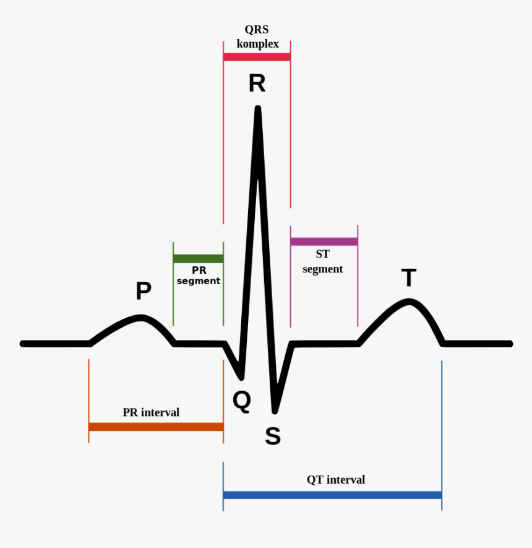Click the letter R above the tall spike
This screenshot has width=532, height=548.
click(x=257, y=83)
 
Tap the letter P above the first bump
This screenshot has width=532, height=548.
click(x=144, y=290)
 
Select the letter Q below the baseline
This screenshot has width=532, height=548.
click(x=242, y=401)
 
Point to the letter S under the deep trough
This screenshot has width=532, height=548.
click(x=273, y=437)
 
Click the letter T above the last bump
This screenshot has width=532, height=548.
click(x=409, y=278)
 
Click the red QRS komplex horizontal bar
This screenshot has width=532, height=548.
click(x=257, y=57)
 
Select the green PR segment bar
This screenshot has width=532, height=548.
click(x=198, y=259)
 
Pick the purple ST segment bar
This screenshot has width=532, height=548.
click(x=324, y=241)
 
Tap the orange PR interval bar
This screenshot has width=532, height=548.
click(x=156, y=427)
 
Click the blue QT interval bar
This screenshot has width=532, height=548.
click(x=332, y=495)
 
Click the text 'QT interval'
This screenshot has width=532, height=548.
click(x=336, y=480)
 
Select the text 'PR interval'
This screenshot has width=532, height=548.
click(x=151, y=412)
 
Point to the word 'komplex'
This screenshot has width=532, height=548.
click(x=257, y=44)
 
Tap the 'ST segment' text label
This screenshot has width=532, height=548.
click(x=322, y=262)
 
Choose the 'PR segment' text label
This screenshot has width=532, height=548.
click(x=199, y=276)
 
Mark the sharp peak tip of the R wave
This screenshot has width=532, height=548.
click(x=258, y=109)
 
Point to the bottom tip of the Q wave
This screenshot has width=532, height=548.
click(x=241, y=377)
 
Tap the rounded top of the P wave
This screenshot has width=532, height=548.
click(x=142, y=318)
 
